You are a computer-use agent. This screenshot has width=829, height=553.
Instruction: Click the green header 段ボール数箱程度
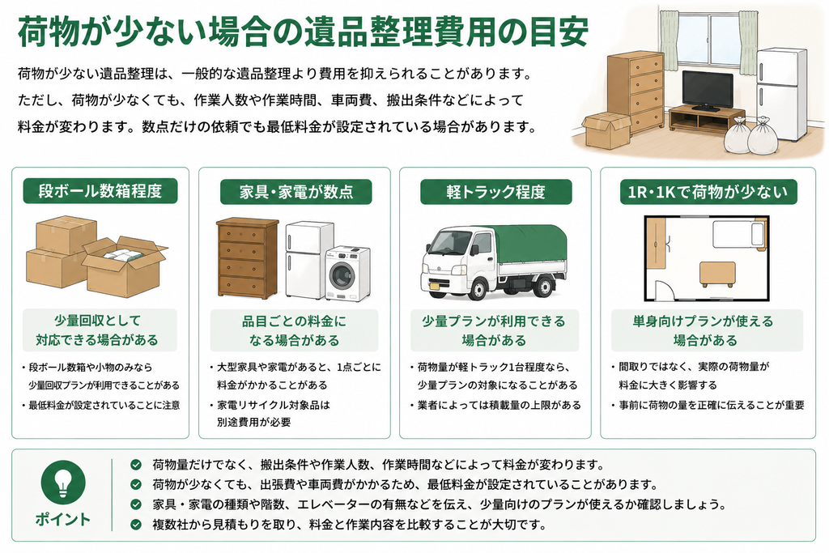[x=100, y=191]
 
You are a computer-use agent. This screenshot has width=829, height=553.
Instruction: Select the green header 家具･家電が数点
[x=295, y=191]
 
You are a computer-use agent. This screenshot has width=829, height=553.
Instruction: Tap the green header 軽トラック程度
[x=495, y=191]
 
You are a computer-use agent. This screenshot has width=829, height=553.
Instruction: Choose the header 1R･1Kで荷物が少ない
[x=708, y=191]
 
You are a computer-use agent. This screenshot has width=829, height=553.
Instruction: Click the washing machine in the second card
[x=348, y=273]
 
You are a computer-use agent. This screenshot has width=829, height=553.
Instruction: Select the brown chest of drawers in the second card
[x=248, y=257]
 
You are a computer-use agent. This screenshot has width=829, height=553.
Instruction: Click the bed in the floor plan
[x=738, y=234]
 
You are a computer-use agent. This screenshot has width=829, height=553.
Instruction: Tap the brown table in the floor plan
[x=717, y=274]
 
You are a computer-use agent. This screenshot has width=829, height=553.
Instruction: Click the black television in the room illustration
[x=708, y=91]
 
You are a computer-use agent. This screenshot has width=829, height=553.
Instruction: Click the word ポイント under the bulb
[x=63, y=519]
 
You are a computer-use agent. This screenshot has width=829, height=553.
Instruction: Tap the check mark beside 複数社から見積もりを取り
[x=136, y=525]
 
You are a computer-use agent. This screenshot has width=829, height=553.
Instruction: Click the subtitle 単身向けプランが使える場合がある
[x=704, y=330]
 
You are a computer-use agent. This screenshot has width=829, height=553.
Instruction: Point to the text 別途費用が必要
[x=253, y=422]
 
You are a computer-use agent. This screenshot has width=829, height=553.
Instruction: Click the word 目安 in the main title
[x=561, y=32]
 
